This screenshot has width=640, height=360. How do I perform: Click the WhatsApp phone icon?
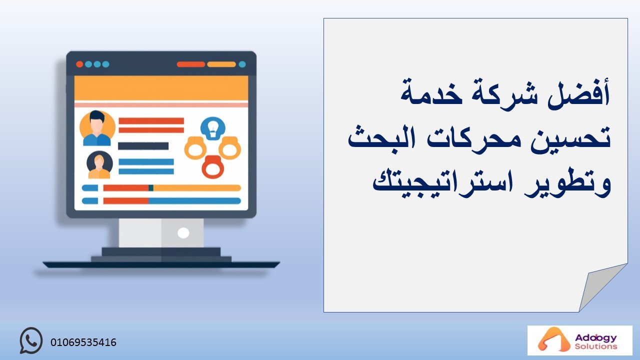(x=31, y=340)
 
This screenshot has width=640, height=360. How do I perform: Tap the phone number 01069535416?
(x=83, y=342)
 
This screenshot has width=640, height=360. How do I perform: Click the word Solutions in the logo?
(x=596, y=346)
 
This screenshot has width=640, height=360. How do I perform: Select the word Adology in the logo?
(x=596, y=338)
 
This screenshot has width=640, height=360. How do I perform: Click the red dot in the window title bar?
(x=79, y=64)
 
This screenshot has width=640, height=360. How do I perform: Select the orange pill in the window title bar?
(x=221, y=64)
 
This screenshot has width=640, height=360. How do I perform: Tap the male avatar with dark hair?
(x=97, y=128)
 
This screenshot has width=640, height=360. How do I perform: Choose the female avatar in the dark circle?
(x=99, y=165)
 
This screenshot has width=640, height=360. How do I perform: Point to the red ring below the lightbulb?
(x=212, y=167)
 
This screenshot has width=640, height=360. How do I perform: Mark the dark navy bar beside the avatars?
(x=143, y=146)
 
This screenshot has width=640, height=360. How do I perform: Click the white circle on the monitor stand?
(x=183, y=233)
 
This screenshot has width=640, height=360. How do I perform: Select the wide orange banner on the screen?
(x=161, y=88)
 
